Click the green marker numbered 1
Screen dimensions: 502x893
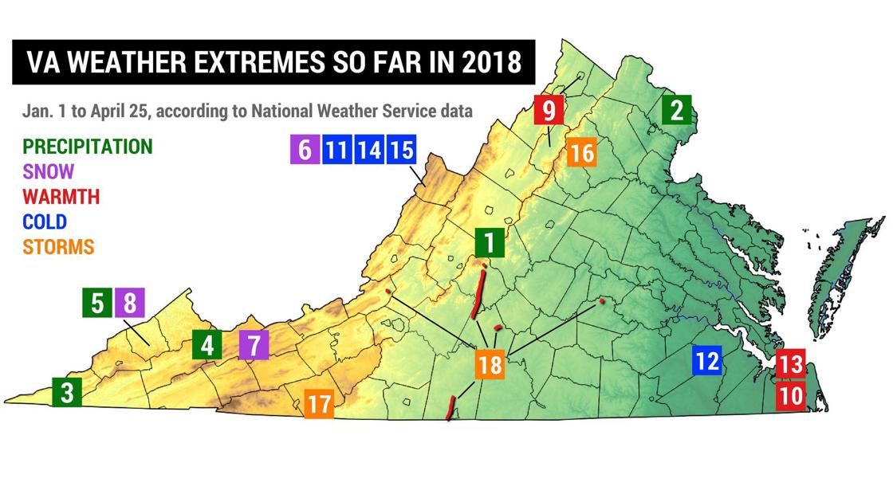489,241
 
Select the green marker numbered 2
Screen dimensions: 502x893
676,109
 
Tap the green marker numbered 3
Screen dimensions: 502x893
67,392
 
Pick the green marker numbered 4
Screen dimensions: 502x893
207,346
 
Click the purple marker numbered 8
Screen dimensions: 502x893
130,304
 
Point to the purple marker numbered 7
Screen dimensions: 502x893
254,346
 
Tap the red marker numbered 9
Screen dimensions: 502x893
549,109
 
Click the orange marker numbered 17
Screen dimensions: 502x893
318,404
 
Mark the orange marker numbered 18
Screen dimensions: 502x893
491,365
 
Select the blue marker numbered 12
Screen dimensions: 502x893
706,361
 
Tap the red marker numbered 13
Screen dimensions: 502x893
789,364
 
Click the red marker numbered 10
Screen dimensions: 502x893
789,395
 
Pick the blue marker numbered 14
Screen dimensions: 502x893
368,149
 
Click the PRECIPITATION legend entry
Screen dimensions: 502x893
87,147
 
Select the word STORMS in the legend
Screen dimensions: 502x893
58,247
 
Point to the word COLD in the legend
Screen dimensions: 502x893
45,222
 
